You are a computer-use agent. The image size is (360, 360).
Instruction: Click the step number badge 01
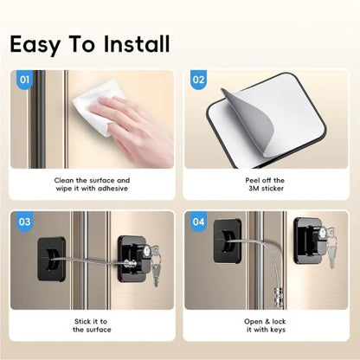point(24,81)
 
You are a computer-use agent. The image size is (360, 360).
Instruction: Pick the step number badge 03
point(24,222)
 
